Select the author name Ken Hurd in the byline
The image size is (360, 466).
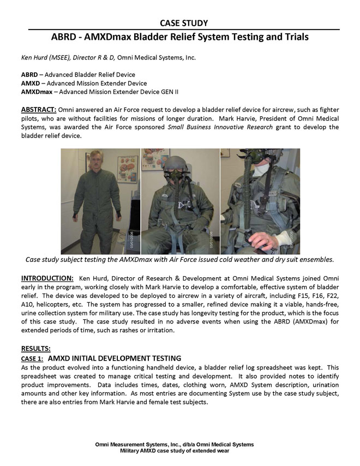(x=32, y=57)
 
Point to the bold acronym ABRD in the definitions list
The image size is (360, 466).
(x=29, y=74)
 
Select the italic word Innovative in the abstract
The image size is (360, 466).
(x=239, y=127)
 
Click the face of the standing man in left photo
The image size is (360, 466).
(x=94, y=161)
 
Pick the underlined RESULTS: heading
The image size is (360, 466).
(x=35, y=348)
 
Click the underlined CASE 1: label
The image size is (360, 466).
(x=32, y=359)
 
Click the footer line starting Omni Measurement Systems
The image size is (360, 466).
(x=175, y=445)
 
